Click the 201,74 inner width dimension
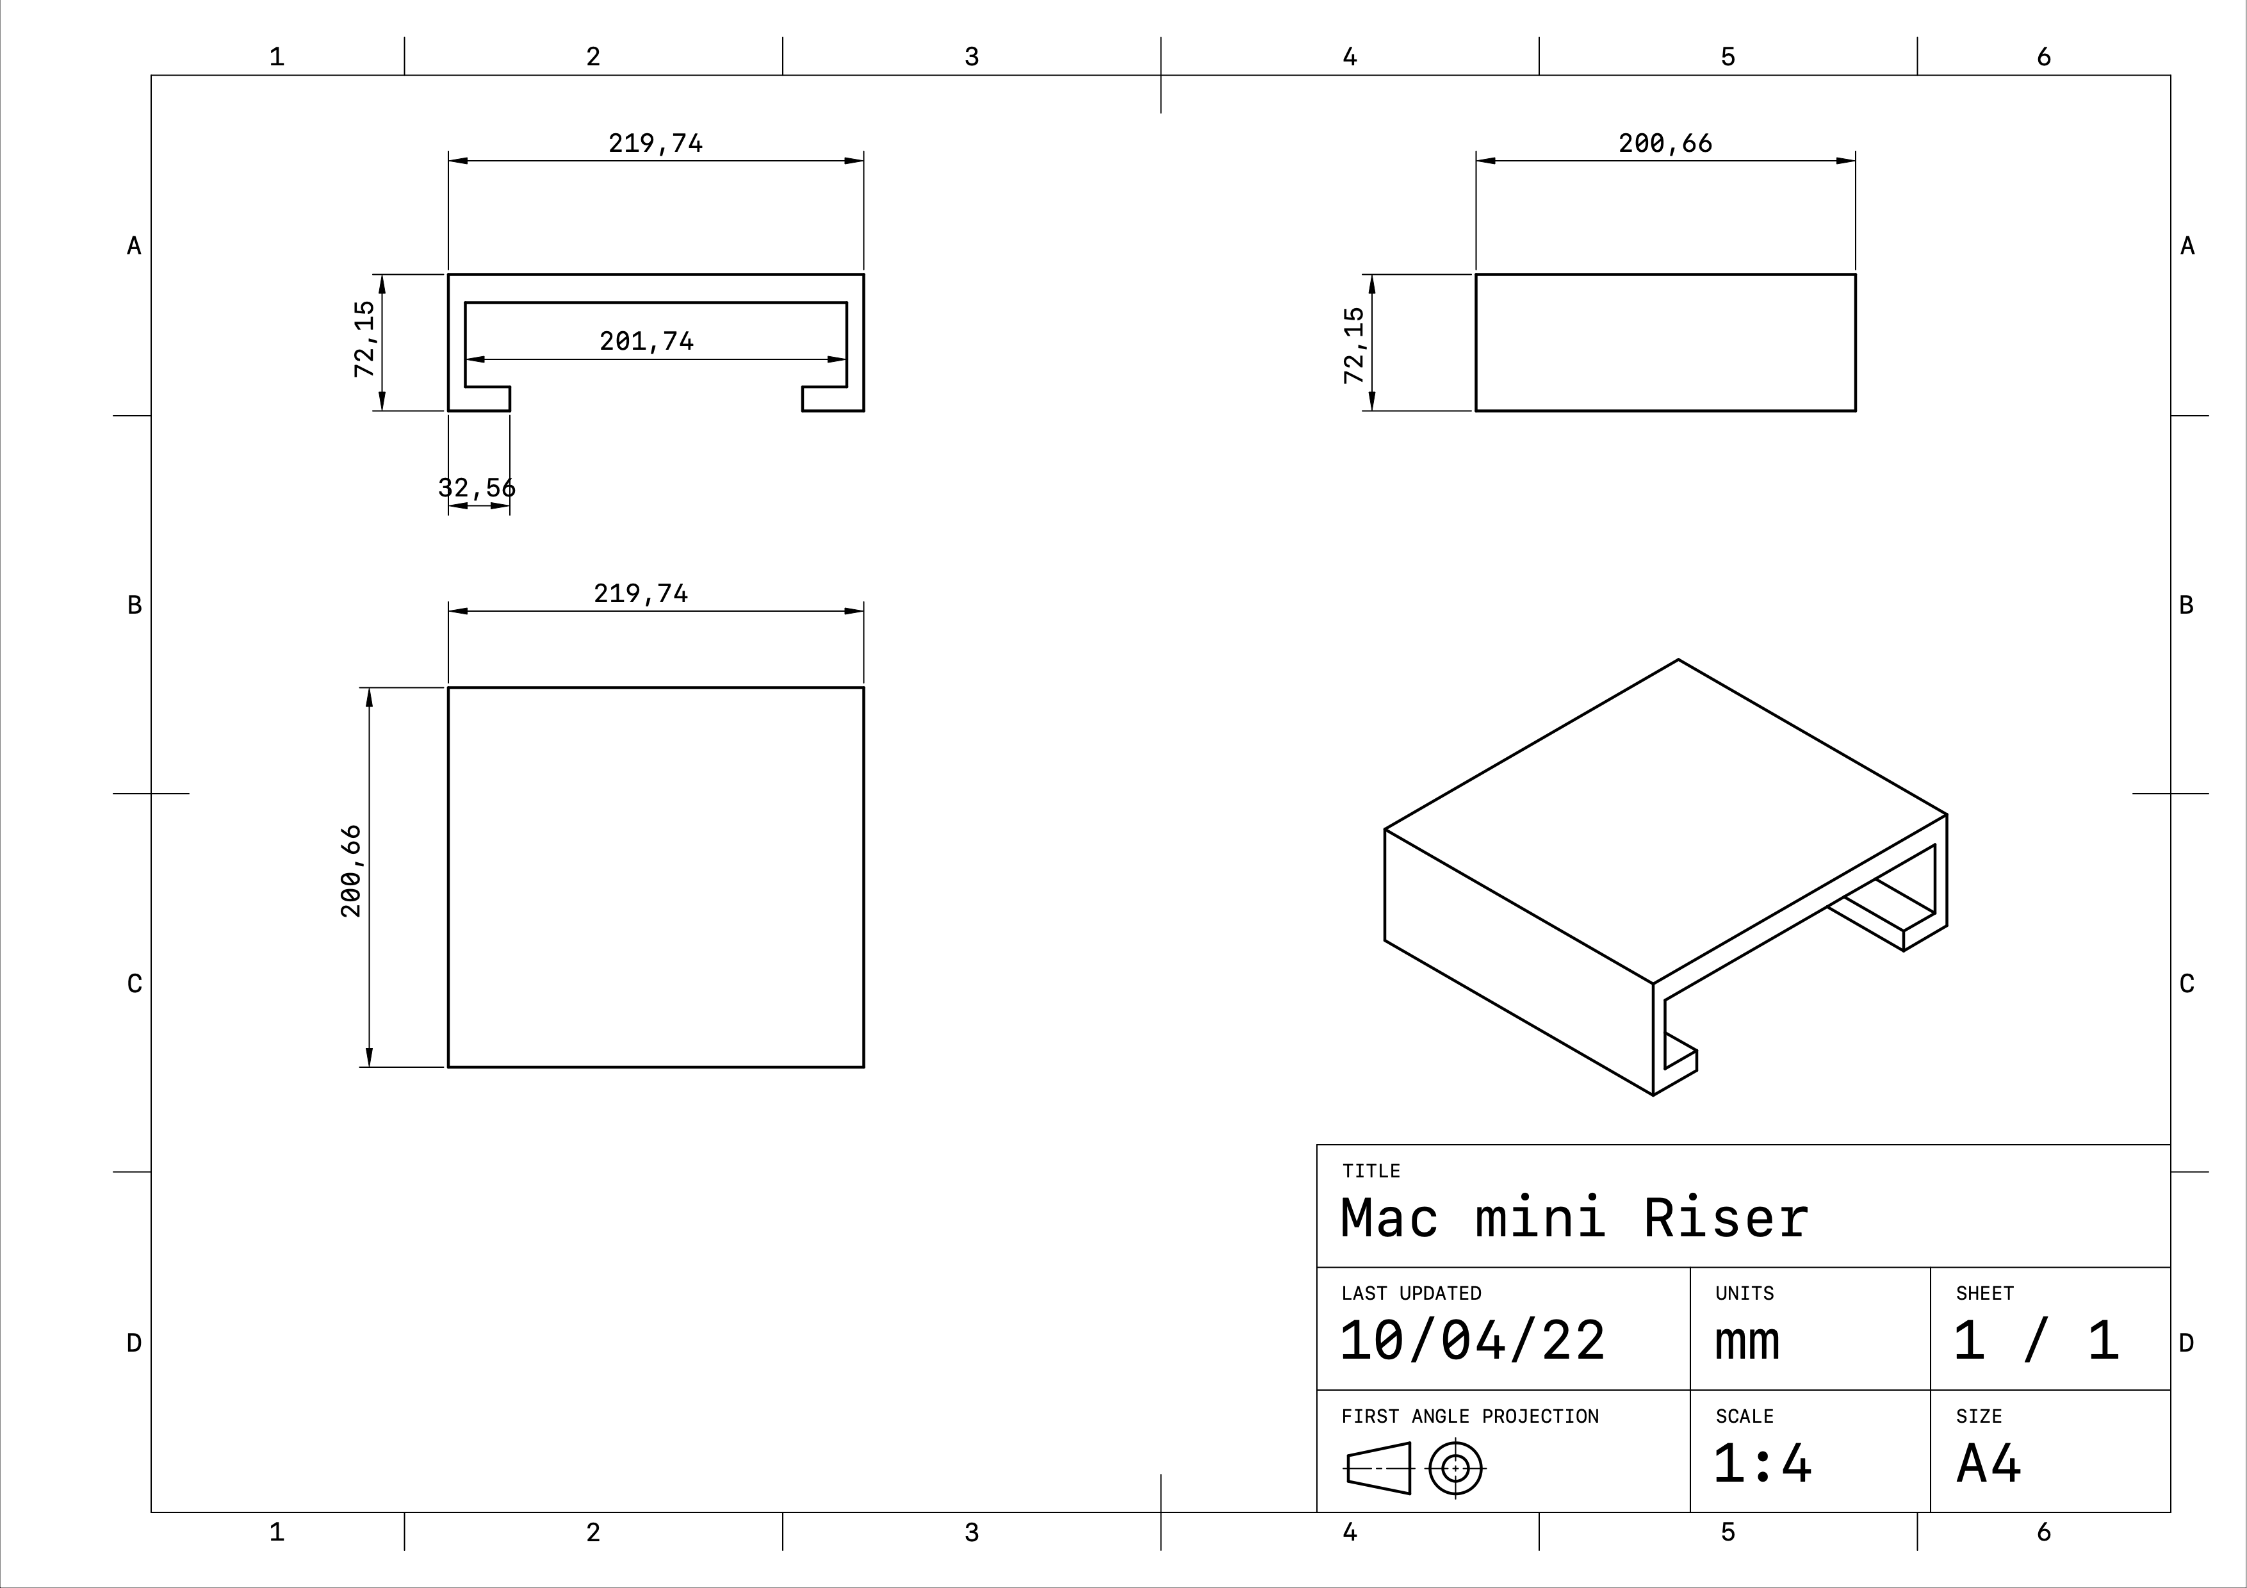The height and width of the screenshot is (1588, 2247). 646,341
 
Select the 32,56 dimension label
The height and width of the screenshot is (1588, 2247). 477,487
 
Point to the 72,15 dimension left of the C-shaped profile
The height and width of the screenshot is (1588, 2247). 364,340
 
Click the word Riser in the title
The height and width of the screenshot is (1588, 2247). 1726,1219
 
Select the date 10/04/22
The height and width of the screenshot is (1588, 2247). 1472,1341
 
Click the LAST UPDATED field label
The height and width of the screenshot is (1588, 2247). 1410,1293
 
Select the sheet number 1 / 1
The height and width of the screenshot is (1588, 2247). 2036,1341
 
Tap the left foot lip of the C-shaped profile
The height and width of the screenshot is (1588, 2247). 480,399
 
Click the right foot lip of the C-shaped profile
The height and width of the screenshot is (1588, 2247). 832,399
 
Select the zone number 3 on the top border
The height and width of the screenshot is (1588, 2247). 971,57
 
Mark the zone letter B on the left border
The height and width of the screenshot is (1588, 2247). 134,605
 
